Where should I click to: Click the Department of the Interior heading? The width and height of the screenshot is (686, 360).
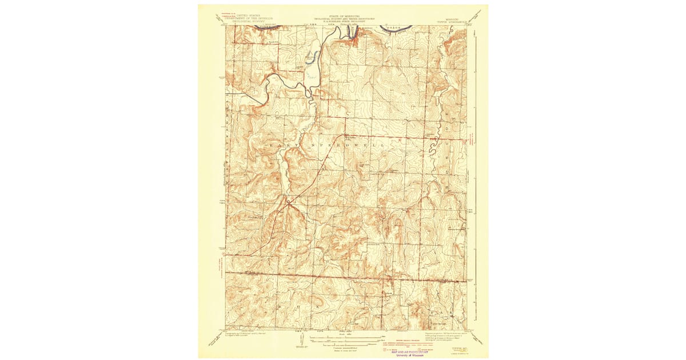tap(242, 18)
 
